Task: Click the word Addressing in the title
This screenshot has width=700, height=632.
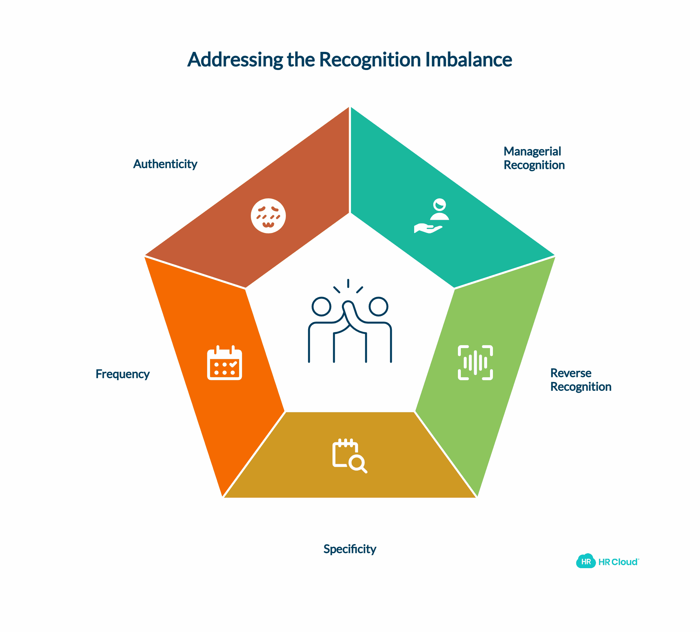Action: point(235,59)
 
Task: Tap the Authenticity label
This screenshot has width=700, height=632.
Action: point(165,164)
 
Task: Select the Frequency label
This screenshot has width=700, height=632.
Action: point(122,374)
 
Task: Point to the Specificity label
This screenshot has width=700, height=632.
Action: point(350,549)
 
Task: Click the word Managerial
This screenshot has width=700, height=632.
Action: point(532,151)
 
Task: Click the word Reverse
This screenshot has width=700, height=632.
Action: point(570,373)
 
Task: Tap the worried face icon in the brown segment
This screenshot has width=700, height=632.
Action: point(268,216)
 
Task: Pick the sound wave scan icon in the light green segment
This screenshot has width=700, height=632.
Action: point(475,363)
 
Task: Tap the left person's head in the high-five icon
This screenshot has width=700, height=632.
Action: point(321,306)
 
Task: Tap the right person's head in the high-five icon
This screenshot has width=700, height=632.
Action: point(378,306)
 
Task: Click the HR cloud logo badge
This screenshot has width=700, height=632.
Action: point(586,561)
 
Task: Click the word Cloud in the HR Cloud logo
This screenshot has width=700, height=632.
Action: point(624,562)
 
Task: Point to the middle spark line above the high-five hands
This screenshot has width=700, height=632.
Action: point(348,283)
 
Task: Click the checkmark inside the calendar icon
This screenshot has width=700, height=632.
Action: point(233,364)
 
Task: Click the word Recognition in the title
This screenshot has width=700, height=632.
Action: point(370,59)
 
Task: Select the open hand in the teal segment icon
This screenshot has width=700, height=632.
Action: point(427,228)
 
